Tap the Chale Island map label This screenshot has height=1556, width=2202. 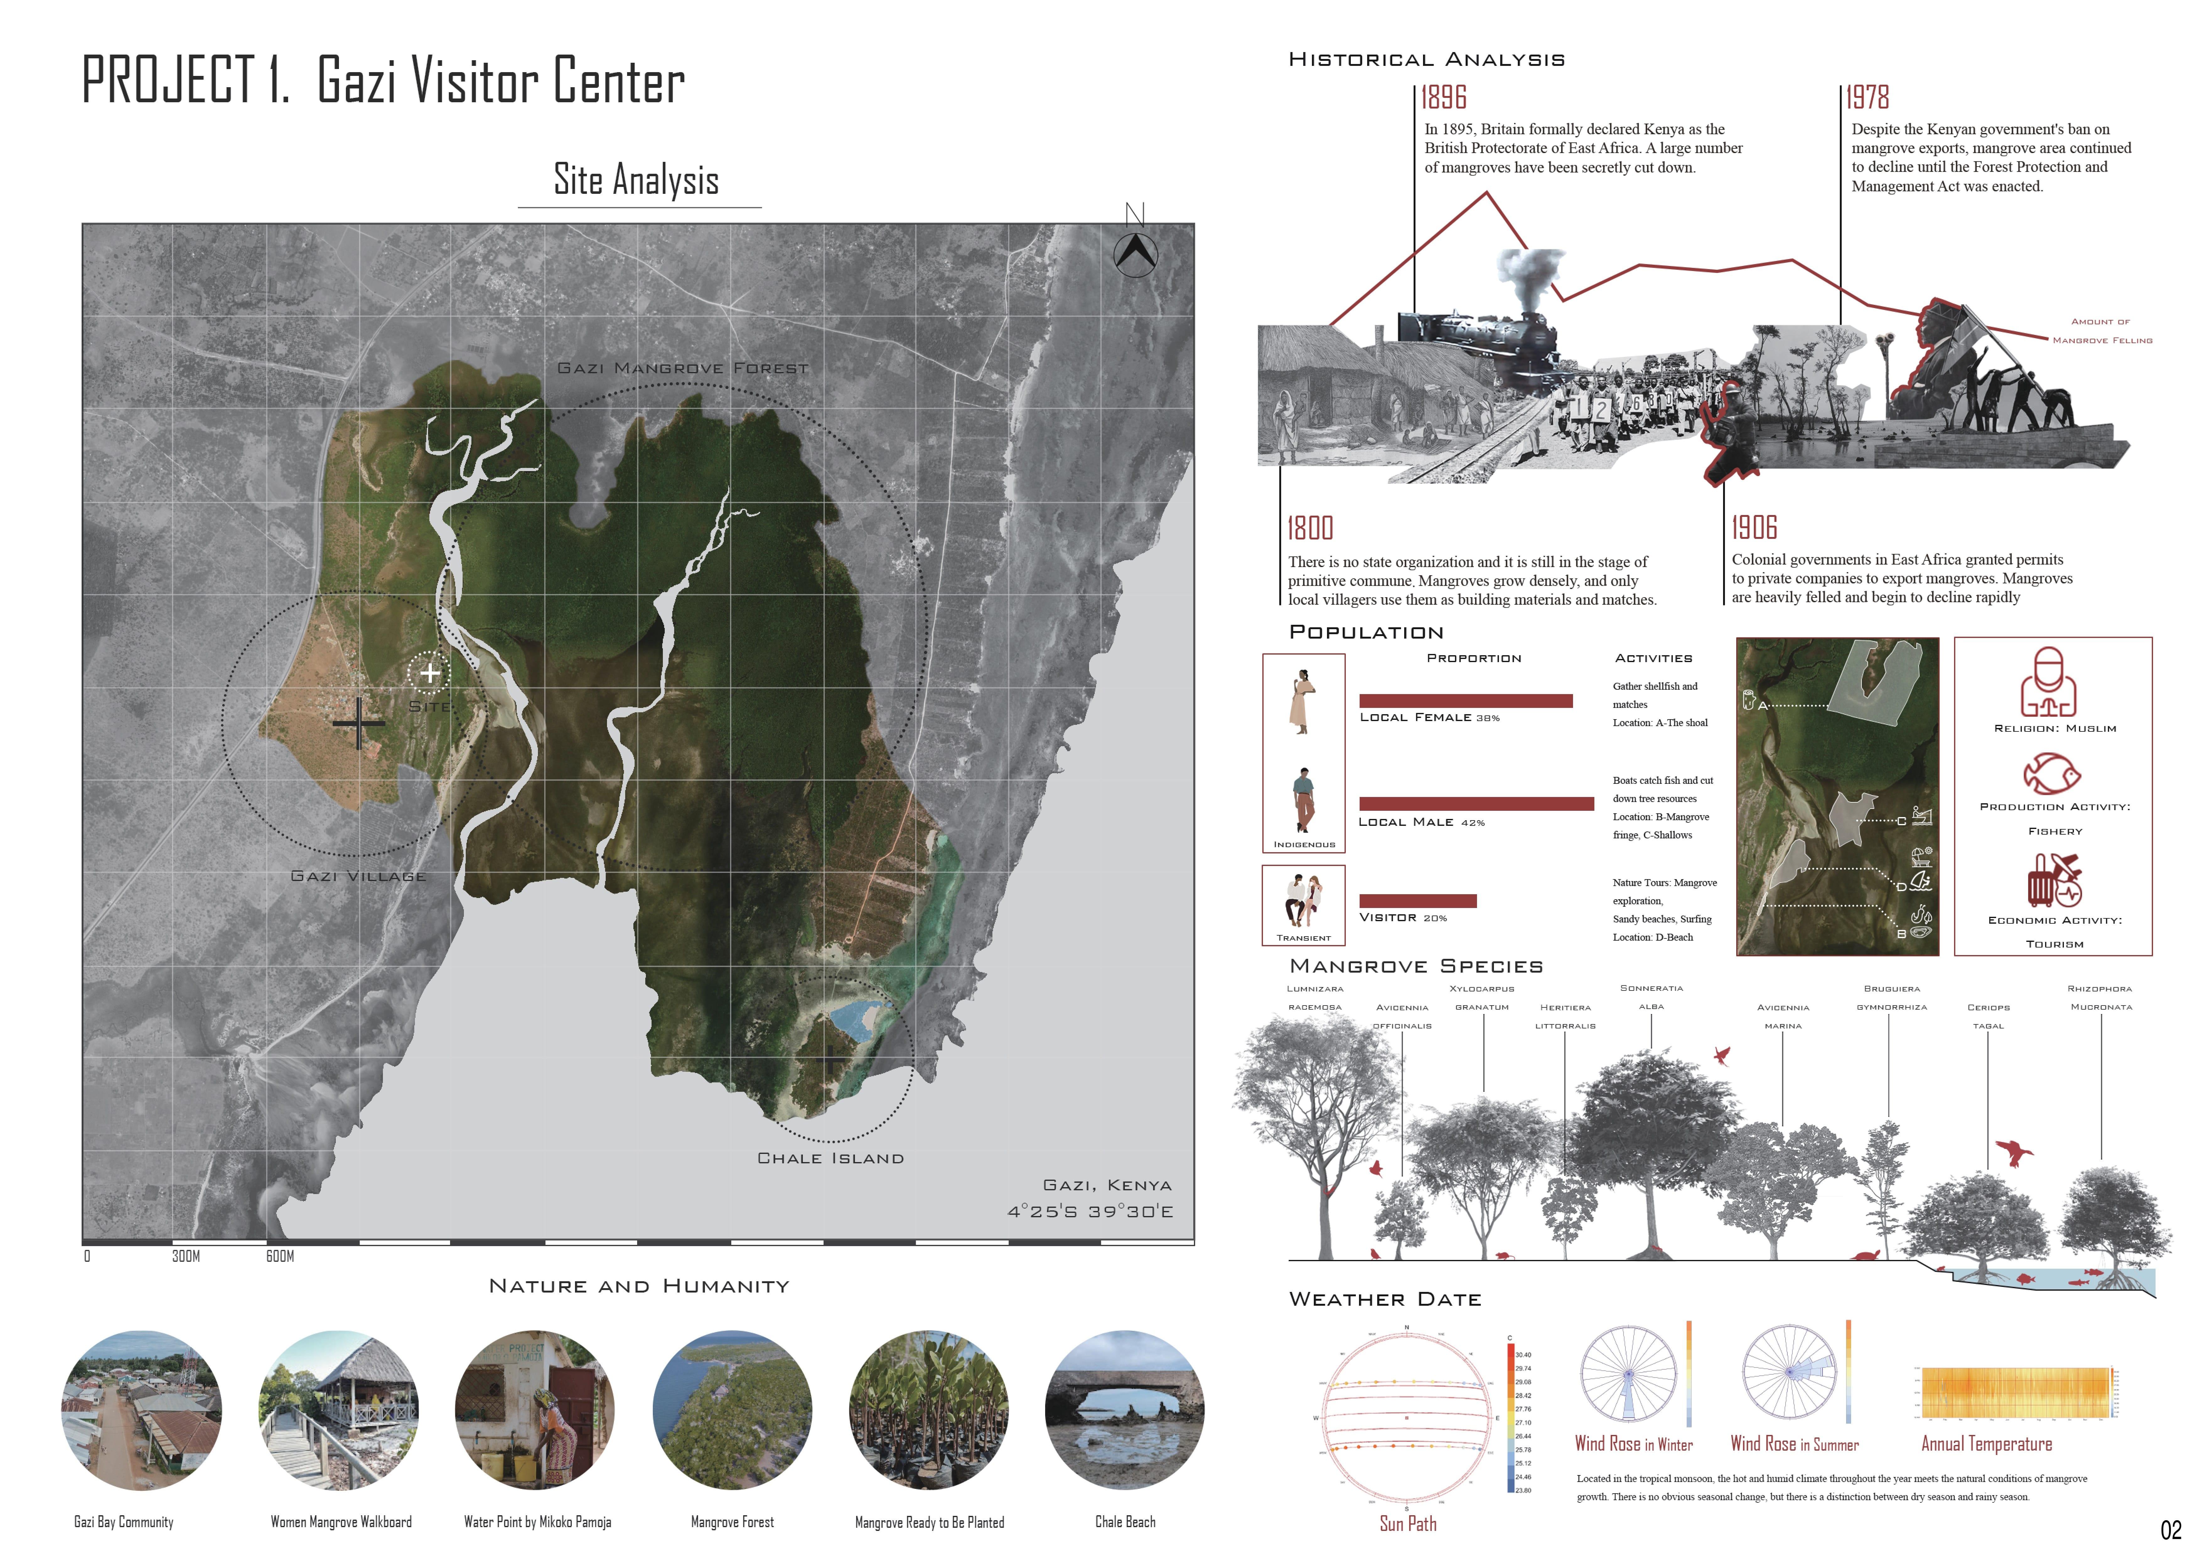pos(830,1158)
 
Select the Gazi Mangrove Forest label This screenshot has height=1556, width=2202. pos(683,368)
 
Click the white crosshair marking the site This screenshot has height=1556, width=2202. pos(430,673)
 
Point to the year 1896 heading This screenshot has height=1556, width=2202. pos(1443,98)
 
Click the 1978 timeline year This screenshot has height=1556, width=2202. pos(1867,98)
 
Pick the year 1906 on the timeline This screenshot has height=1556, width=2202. pos(1754,527)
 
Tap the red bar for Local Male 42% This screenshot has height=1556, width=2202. pos(1476,804)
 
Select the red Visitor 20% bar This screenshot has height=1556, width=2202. pos(1417,900)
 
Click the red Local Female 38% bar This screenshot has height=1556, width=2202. pos(1465,701)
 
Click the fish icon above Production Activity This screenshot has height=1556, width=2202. pos(2051,774)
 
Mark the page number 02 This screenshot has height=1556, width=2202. pos(2170,1530)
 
